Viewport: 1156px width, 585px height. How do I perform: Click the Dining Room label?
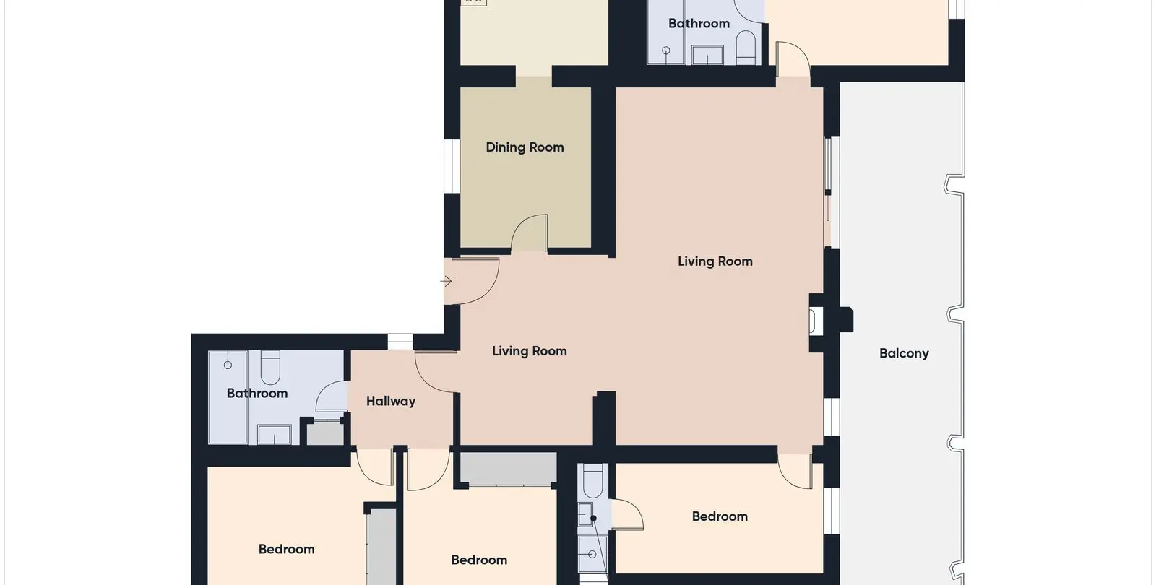point(525,147)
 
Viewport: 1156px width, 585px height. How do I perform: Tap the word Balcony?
point(904,353)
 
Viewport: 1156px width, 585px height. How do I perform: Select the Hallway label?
point(391,402)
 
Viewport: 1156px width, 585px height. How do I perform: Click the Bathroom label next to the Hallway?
point(257,393)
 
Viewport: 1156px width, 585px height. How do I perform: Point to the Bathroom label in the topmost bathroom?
point(699,23)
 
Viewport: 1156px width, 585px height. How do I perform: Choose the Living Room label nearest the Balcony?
point(715,261)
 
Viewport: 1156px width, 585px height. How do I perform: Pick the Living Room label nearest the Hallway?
point(529,351)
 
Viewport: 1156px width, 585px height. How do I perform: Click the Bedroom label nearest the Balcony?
point(720,516)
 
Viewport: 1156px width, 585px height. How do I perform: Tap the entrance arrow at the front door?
point(447,281)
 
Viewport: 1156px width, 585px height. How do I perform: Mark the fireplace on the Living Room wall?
point(816,321)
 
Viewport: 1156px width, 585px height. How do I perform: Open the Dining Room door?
point(529,232)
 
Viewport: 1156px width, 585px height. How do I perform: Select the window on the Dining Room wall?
point(452,166)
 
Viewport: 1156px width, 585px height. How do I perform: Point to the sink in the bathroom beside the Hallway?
point(274,434)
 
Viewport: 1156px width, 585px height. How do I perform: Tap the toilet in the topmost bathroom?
point(746,48)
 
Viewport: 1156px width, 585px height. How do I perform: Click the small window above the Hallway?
point(400,342)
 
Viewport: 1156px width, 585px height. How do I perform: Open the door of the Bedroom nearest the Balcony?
point(795,471)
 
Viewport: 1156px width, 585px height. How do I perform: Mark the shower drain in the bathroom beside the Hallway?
point(228,365)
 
